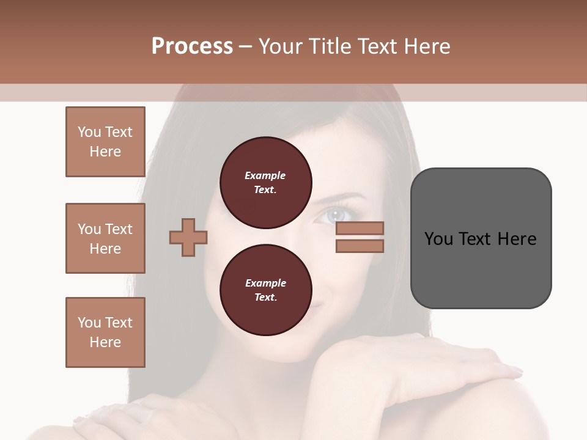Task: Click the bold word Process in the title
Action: click(x=192, y=46)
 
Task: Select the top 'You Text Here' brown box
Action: click(x=105, y=142)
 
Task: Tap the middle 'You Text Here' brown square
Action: click(x=105, y=238)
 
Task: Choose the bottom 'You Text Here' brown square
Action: click(x=105, y=332)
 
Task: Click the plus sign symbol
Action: click(x=188, y=237)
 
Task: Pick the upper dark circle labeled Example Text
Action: click(x=265, y=183)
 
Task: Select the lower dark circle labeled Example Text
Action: click(x=265, y=290)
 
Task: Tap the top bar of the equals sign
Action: click(x=360, y=229)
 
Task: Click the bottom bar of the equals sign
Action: click(x=360, y=246)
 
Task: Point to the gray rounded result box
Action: click(x=481, y=238)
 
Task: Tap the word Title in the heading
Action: click(x=330, y=46)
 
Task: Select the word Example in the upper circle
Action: click(x=265, y=175)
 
